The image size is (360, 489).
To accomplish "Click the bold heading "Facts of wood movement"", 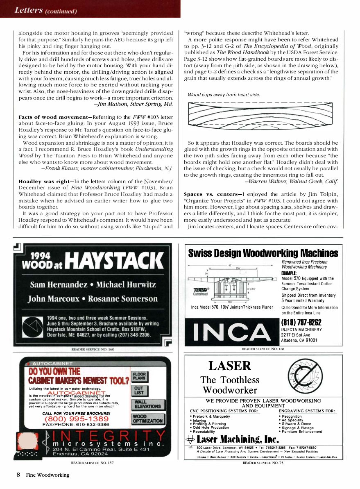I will pos(47,117).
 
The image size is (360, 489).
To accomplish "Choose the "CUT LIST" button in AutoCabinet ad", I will pos(139,390).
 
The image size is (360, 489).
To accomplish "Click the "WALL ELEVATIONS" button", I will pos(147,404).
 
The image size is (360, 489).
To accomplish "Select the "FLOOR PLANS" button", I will pos(139,376).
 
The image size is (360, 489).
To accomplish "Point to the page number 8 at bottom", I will pos(18,475).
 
